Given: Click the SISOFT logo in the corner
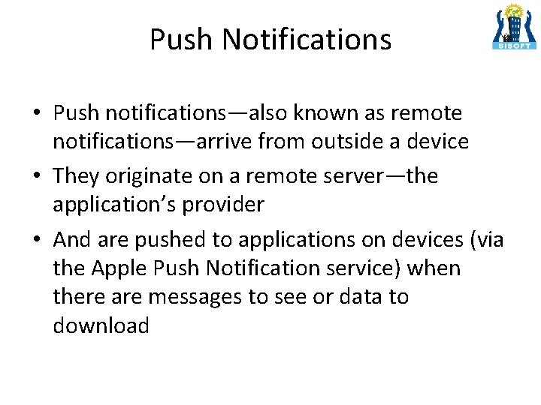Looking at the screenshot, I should click(x=515, y=27).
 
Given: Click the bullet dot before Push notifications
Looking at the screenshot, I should click(x=37, y=115).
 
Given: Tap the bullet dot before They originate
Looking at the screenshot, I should click(x=37, y=178).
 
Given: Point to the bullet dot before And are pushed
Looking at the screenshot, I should click(x=37, y=241).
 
